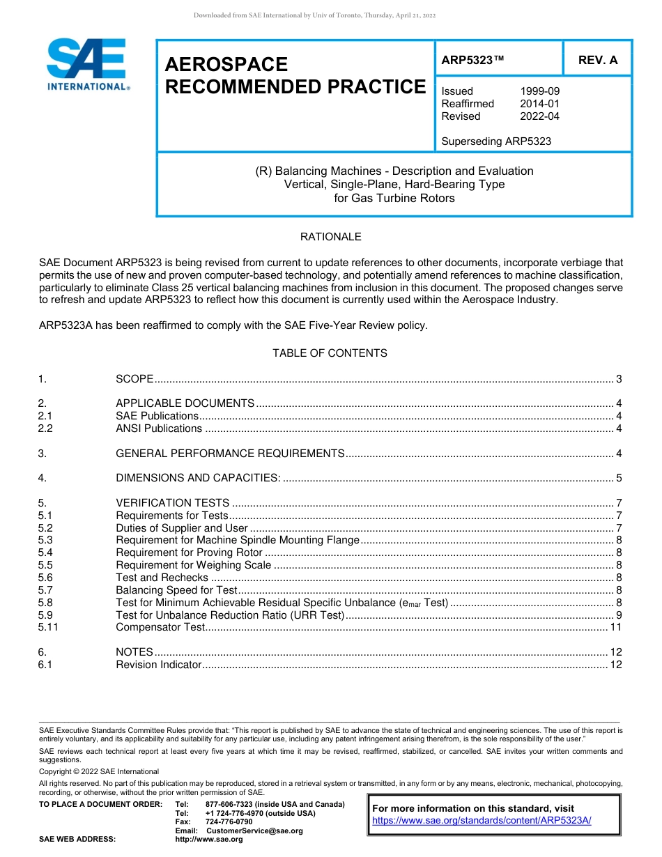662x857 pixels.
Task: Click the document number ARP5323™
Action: (x=472, y=61)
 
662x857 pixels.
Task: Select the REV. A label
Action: (x=597, y=61)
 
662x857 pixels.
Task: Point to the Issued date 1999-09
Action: (x=539, y=91)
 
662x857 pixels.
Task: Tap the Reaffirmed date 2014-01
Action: (x=539, y=104)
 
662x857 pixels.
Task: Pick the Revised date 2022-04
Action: (x=539, y=116)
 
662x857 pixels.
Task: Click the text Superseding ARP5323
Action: (x=496, y=141)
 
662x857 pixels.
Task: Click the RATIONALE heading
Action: (x=330, y=237)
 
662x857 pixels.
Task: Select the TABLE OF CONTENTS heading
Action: (x=330, y=353)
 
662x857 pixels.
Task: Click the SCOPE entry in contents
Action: (x=134, y=379)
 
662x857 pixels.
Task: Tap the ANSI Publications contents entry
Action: (x=159, y=428)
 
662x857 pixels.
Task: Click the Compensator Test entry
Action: (x=160, y=627)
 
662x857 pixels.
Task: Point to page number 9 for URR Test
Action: (x=619, y=615)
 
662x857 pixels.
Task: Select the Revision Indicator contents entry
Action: (x=158, y=665)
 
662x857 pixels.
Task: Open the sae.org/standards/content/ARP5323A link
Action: (x=482, y=820)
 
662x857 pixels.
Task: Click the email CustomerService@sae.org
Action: (x=254, y=831)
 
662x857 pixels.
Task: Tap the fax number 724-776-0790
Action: (x=229, y=822)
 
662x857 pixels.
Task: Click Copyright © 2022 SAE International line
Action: (x=99, y=771)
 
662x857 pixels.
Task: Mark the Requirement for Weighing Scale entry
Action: (x=193, y=565)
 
